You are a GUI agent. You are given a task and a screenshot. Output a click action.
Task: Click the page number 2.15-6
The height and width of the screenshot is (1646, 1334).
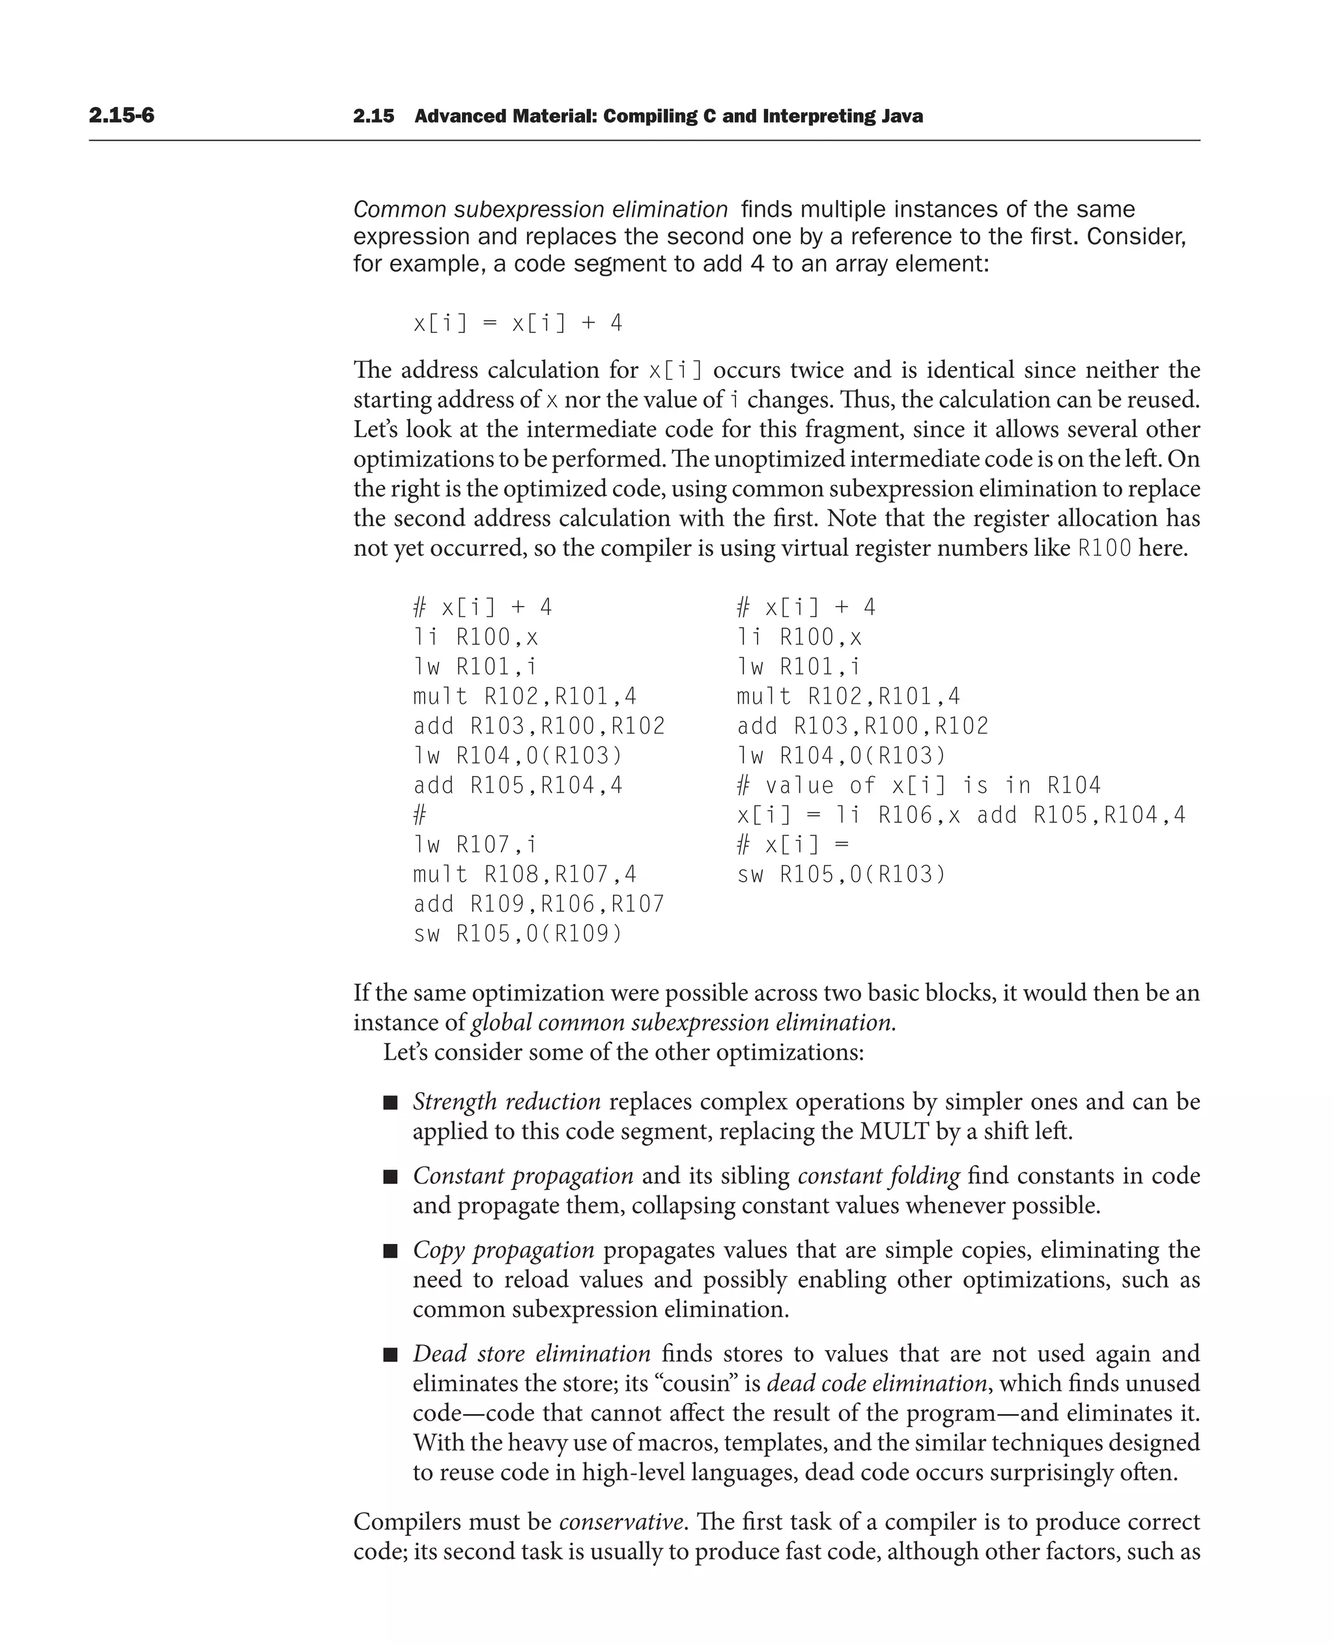click(x=121, y=115)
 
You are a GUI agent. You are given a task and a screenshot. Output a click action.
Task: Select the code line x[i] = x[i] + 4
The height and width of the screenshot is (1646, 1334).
click(x=517, y=323)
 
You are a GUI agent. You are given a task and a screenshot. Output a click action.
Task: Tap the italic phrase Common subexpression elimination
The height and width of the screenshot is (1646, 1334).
click(x=540, y=209)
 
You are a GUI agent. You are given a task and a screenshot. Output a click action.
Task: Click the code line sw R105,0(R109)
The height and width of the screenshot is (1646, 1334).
click(x=517, y=933)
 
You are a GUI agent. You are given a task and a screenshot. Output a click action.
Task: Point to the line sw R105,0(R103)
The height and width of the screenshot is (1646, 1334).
click(x=841, y=874)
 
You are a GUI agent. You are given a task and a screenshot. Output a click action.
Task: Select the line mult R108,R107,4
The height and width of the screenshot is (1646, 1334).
click(x=525, y=874)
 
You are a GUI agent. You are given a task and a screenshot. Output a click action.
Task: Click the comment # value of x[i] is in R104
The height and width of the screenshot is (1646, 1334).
click(x=918, y=785)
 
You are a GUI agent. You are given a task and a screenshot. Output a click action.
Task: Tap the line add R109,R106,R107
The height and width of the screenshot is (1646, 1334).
click(x=539, y=904)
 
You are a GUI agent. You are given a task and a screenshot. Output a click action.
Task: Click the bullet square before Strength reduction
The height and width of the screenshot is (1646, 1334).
click(x=390, y=1103)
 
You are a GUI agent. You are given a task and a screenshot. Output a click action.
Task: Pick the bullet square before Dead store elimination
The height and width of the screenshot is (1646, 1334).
click(x=390, y=1355)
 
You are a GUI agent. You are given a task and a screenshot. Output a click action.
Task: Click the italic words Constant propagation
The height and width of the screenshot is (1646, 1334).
click(x=522, y=1176)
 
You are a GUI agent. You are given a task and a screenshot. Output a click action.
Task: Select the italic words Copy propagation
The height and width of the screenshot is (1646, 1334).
click(x=504, y=1250)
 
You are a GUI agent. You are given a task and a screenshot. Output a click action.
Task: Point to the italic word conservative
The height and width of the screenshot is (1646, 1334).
click(x=621, y=1522)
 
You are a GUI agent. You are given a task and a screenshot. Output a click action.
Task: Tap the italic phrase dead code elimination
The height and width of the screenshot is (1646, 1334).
click(x=876, y=1383)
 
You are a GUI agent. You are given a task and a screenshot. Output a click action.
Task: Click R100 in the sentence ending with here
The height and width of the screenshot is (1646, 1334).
click(x=1104, y=548)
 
